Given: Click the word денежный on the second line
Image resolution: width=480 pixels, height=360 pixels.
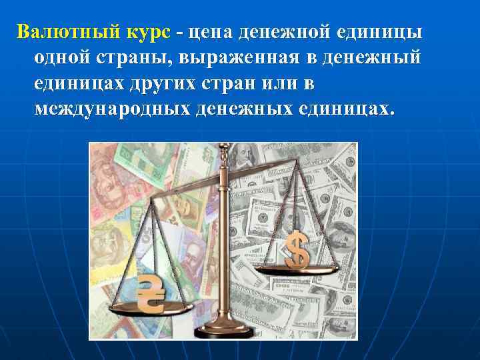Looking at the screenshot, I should (x=371, y=59).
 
